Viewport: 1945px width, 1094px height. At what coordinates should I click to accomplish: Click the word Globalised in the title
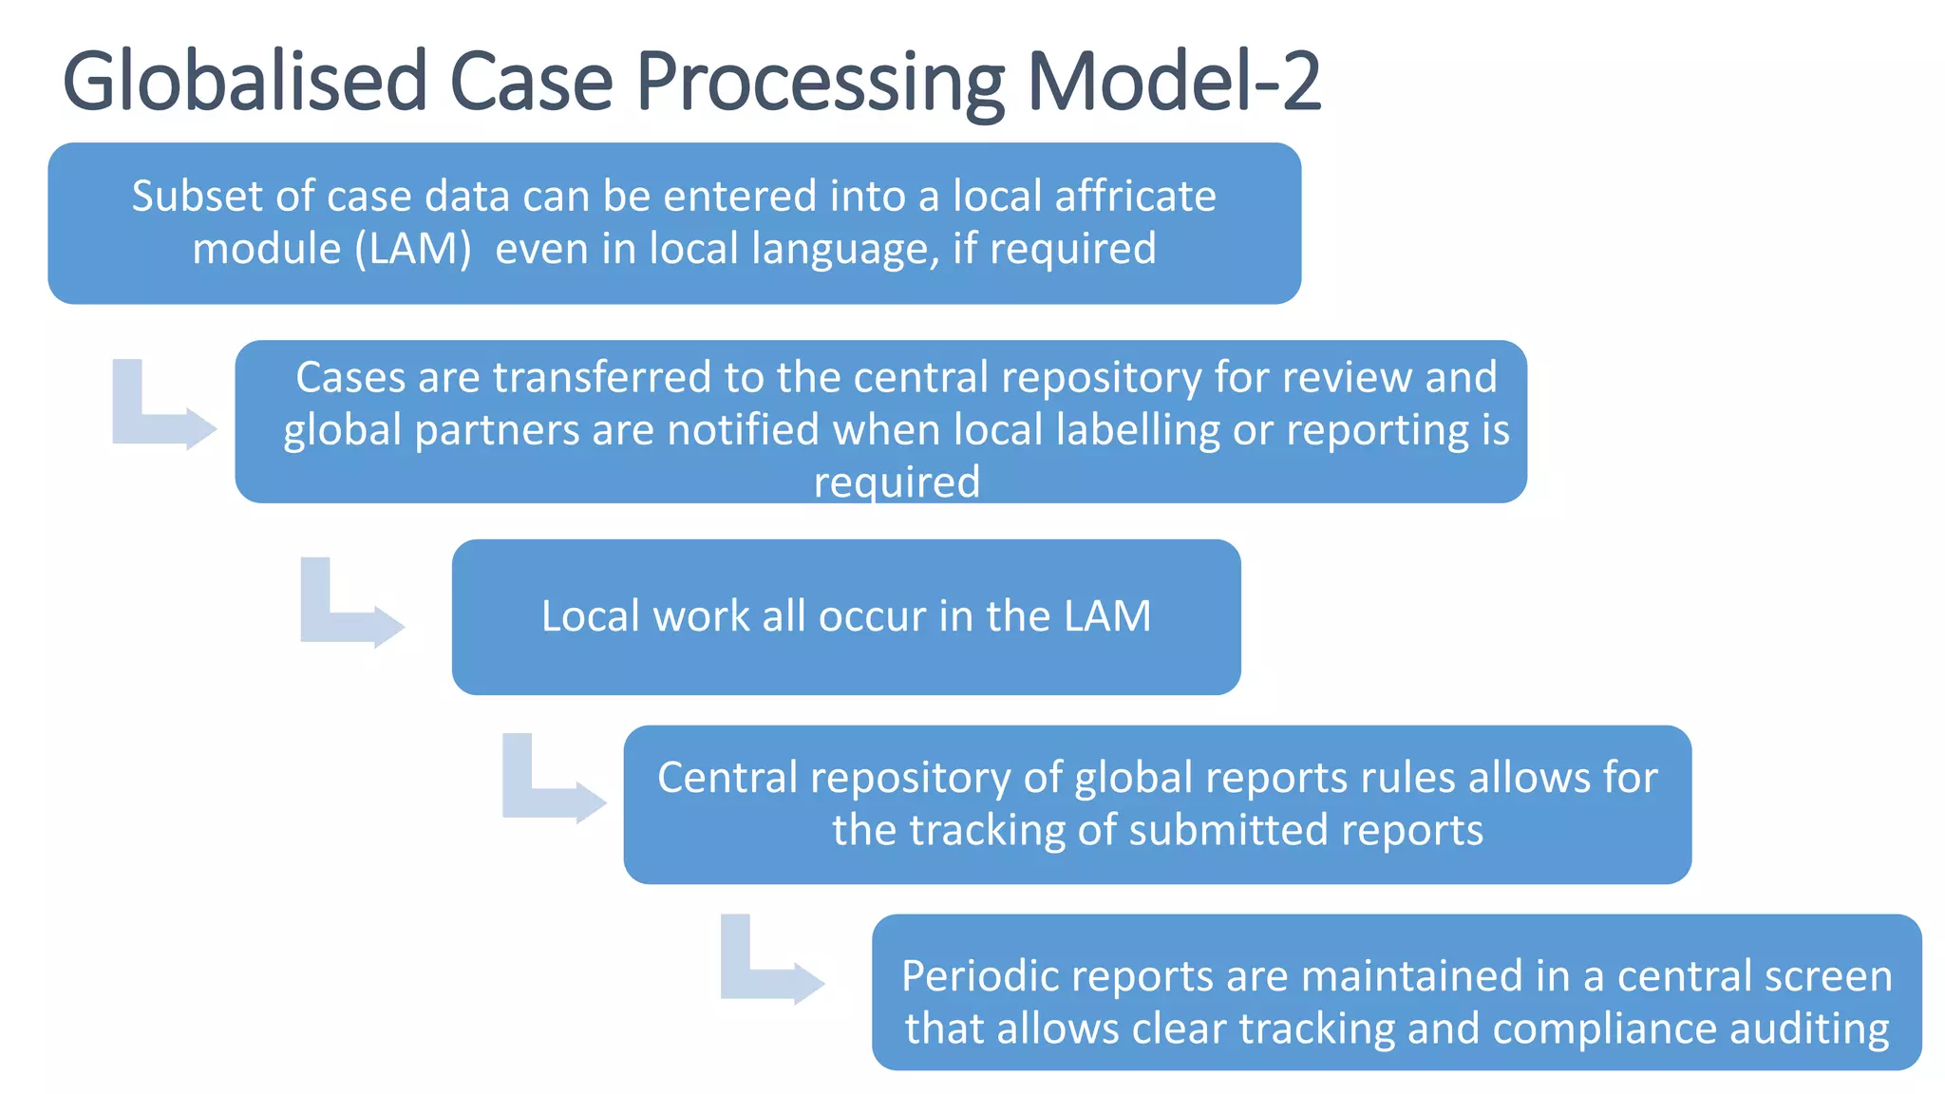245,82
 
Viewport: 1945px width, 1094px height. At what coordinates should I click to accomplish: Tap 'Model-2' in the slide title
1174,82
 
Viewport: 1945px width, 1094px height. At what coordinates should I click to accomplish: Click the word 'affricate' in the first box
1135,197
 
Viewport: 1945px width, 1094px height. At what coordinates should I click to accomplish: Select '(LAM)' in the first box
413,249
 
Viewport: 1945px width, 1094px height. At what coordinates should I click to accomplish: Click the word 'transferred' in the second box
601,378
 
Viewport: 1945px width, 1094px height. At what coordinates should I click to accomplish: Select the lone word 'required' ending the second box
897,481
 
